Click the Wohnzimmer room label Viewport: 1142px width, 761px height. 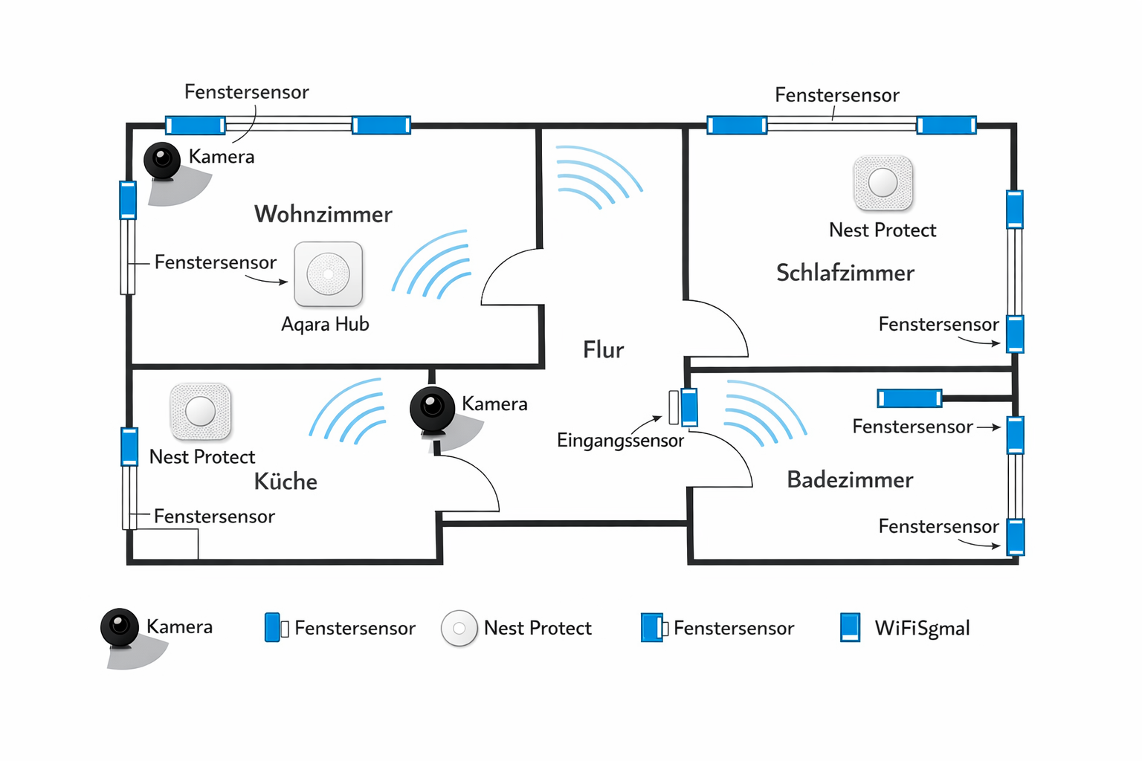(x=323, y=214)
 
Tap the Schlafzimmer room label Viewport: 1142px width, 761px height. (x=845, y=273)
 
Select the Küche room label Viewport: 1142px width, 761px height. (x=285, y=482)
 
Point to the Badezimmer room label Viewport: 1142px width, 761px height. (x=850, y=480)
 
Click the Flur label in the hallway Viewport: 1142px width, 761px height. (x=603, y=350)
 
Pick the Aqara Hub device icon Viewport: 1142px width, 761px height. (x=328, y=274)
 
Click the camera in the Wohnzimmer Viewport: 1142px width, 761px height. (x=162, y=160)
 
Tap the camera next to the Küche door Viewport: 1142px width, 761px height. (x=432, y=407)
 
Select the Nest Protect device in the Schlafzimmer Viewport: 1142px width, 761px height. (x=883, y=183)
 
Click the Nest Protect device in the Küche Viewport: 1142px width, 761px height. (x=200, y=411)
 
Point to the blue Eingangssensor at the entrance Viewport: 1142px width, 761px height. (x=689, y=407)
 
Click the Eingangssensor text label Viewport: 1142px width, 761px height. (x=620, y=441)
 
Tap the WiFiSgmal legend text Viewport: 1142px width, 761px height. (x=922, y=629)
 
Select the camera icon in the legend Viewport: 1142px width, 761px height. (x=120, y=627)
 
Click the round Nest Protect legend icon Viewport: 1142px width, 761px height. (x=459, y=629)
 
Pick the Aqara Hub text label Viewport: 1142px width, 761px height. (x=325, y=325)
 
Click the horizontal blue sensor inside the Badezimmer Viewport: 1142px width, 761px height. (x=909, y=398)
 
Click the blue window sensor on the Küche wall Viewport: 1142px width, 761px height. (x=129, y=446)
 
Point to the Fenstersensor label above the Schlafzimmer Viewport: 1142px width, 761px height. (x=836, y=95)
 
